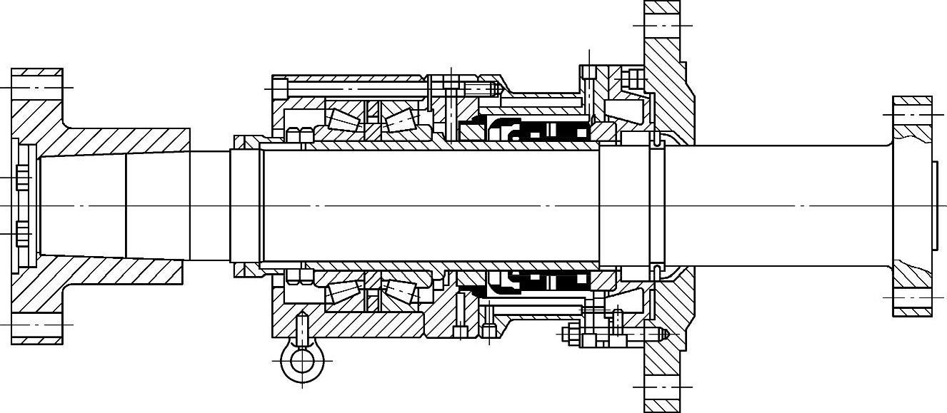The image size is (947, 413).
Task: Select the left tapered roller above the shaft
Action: [x=344, y=118]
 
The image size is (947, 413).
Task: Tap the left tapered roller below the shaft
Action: [x=344, y=292]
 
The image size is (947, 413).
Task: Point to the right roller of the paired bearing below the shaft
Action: [x=400, y=290]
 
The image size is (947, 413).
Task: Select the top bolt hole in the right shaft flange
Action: [x=912, y=114]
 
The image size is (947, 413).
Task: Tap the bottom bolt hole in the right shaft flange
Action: [x=912, y=297]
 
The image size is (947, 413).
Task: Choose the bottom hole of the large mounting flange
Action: [x=662, y=387]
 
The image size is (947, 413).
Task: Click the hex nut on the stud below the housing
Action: [x=571, y=333]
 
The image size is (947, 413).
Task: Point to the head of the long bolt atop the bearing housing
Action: [x=280, y=88]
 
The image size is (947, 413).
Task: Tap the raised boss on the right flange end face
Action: [x=934, y=206]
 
